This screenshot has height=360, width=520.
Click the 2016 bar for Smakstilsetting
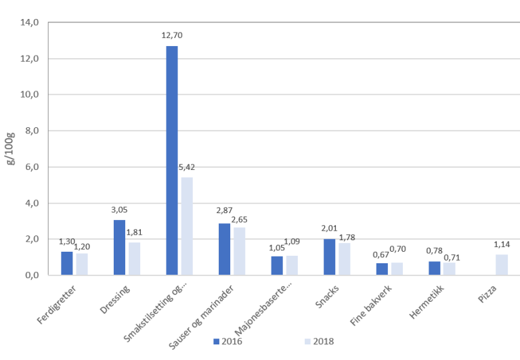tap(172, 160)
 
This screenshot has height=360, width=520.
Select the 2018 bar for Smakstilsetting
tap(187, 226)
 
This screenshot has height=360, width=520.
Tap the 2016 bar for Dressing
tap(119, 247)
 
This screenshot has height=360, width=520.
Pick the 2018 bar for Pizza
tap(502, 265)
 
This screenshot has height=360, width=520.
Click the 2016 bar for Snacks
tap(330, 256)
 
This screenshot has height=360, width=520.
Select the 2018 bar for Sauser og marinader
tap(240, 251)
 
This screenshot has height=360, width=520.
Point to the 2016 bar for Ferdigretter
tap(66, 263)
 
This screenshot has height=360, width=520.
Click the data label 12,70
tap(172, 35)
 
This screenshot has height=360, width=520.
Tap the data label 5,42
tap(187, 166)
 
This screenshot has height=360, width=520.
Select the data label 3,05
tap(119, 209)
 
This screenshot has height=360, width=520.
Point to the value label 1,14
tap(502, 244)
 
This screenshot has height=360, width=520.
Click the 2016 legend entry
tap(228, 341)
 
